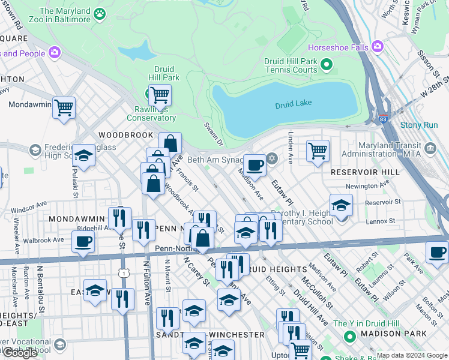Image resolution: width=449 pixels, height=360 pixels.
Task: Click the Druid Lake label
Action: click(x=294, y=104)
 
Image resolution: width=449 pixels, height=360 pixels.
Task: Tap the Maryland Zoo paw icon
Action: click(x=100, y=12)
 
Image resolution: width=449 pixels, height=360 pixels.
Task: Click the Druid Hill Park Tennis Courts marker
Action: click(x=327, y=64)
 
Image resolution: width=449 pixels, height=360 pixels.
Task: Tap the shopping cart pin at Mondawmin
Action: click(x=64, y=108)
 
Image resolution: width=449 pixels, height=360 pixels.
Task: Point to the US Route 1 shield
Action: click(x=123, y=273)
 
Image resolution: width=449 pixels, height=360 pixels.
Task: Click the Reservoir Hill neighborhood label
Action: click(x=365, y=172)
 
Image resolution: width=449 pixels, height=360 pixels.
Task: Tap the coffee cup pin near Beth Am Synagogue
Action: click(x=255, y=164)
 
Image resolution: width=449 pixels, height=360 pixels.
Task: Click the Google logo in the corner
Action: click(x=20, y=353)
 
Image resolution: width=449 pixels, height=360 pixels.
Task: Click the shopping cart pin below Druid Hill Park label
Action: click(x=160, y=94)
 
